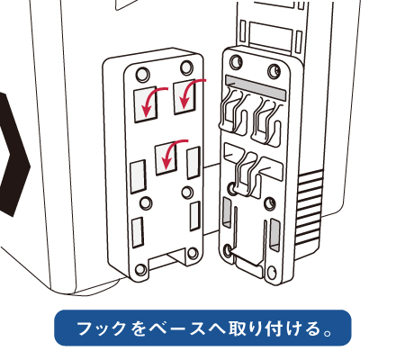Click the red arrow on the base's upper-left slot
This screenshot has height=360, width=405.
(149, 97)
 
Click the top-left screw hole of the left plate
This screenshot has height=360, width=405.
(143, 74)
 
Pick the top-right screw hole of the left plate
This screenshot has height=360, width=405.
(186, 67)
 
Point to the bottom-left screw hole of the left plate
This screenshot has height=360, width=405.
(141, 270)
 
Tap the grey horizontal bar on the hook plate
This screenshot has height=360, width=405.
(256, 87)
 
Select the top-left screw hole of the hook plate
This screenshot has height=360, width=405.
(236, 61)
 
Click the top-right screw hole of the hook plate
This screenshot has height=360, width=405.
(274, 71)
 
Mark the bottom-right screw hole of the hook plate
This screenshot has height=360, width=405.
(272, 273)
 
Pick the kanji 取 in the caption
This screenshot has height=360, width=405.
(238, 328)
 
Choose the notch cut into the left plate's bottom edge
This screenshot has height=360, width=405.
(168, 258)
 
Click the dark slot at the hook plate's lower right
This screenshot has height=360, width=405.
(274, 235)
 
